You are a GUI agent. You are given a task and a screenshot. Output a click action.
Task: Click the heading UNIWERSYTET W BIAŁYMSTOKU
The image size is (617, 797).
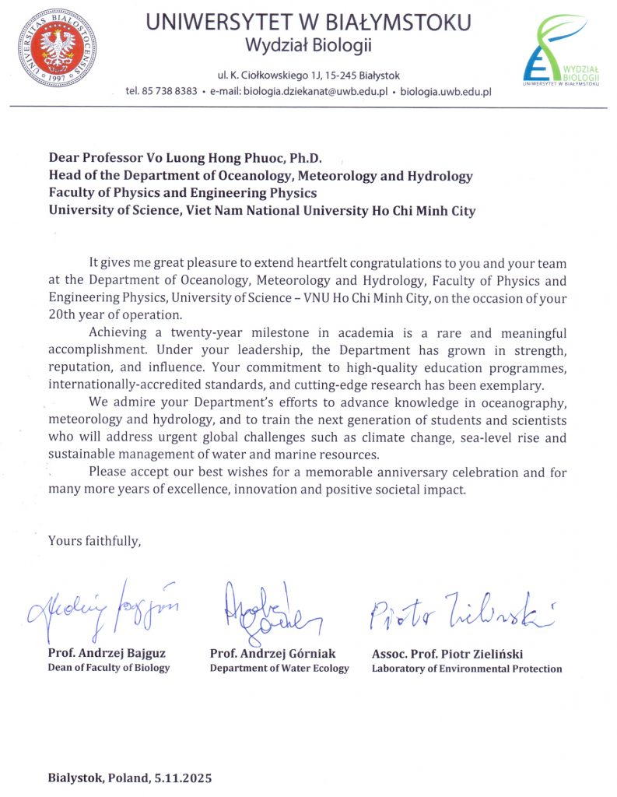309,23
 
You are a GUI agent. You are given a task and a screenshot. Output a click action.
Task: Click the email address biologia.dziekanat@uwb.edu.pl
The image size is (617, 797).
315,91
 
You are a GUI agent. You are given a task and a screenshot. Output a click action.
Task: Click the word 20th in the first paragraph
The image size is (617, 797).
63,315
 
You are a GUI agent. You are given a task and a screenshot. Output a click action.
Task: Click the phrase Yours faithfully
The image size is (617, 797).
94,539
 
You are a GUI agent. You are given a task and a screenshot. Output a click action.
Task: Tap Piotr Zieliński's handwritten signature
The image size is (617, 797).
460,613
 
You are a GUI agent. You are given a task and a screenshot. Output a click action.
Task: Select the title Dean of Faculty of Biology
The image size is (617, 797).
109,668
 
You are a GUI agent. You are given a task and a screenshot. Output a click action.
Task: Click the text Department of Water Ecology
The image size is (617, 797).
279,669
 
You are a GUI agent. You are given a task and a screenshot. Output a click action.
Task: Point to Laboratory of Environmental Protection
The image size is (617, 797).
467,669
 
